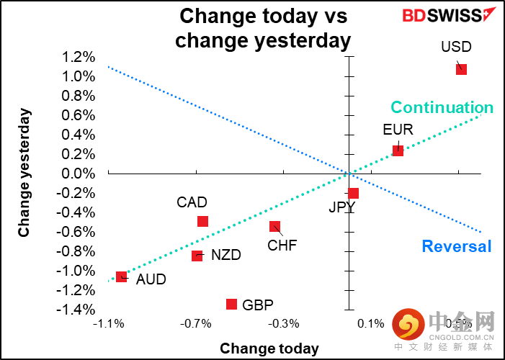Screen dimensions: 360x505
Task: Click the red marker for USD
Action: click(x=461, y=69)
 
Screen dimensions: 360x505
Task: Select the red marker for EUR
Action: click(x=398, y=150)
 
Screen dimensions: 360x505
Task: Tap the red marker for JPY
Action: click(x=353, y=193)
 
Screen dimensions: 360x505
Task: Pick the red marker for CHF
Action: click(x=274, y=226)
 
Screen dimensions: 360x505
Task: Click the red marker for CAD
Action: click(x=202, y=221)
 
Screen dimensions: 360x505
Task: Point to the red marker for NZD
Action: click(x=197, y=255)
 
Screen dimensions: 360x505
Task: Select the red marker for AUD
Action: click(x=121, y=276)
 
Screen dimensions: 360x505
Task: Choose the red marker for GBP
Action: click(x=231, y=304)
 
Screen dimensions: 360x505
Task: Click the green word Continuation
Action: click(x=442, y=108)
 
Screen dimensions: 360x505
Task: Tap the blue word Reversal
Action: click(x=456, y=246)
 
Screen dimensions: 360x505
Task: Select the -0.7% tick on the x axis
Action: click(x=195, y=324)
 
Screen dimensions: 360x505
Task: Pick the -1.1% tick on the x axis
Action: click(x=108, y=324)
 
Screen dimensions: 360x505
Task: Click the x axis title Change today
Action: click(x=269, y=348)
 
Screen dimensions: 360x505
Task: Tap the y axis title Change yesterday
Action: click(x=24, y=172)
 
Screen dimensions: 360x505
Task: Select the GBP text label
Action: click(x=258, y=305)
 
